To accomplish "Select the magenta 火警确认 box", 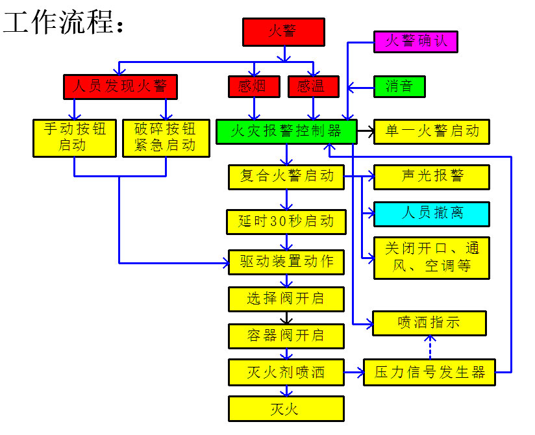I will tap(416, 42).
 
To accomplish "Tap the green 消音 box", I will tap(399, 86).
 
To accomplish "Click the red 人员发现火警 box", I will tap(120, 86).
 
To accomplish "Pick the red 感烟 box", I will tap(254, 86).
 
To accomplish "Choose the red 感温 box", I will tap(313, 86).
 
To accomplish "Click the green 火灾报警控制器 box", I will tap(286, 132).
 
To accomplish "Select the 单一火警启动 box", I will tap(431, 131).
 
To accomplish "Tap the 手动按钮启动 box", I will tap(73, 138).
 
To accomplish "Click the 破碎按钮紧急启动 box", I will tap(166, 138).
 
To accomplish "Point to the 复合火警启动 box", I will tap(286, 177).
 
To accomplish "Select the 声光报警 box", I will tap(431, 177).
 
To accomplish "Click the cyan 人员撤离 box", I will tap(431, 214).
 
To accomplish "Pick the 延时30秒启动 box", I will tap(286, 222).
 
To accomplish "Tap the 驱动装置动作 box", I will tap(286, 262).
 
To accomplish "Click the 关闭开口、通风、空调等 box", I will tap(431, 258).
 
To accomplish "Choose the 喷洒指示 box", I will tap(429, 323).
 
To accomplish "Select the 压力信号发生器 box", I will tap(429, 372).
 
